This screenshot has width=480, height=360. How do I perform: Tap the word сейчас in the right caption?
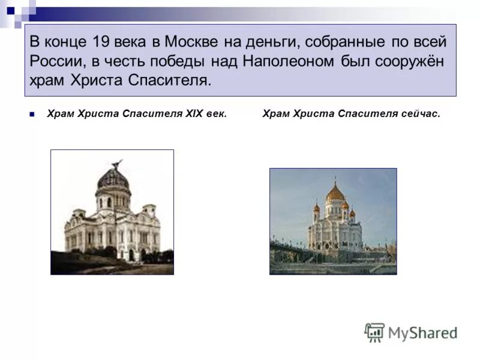click(420, 114)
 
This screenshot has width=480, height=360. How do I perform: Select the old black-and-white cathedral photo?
click(112, 212)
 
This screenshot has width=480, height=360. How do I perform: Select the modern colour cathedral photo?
click(333, 221)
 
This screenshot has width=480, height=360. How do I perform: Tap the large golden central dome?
click(335, 193)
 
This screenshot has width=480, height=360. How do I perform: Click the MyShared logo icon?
click(375, 332)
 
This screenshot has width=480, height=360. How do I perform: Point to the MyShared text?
click(422, 332)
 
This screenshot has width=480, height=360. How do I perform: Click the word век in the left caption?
click(216, 114)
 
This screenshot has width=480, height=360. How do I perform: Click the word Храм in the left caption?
click(61, 114)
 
